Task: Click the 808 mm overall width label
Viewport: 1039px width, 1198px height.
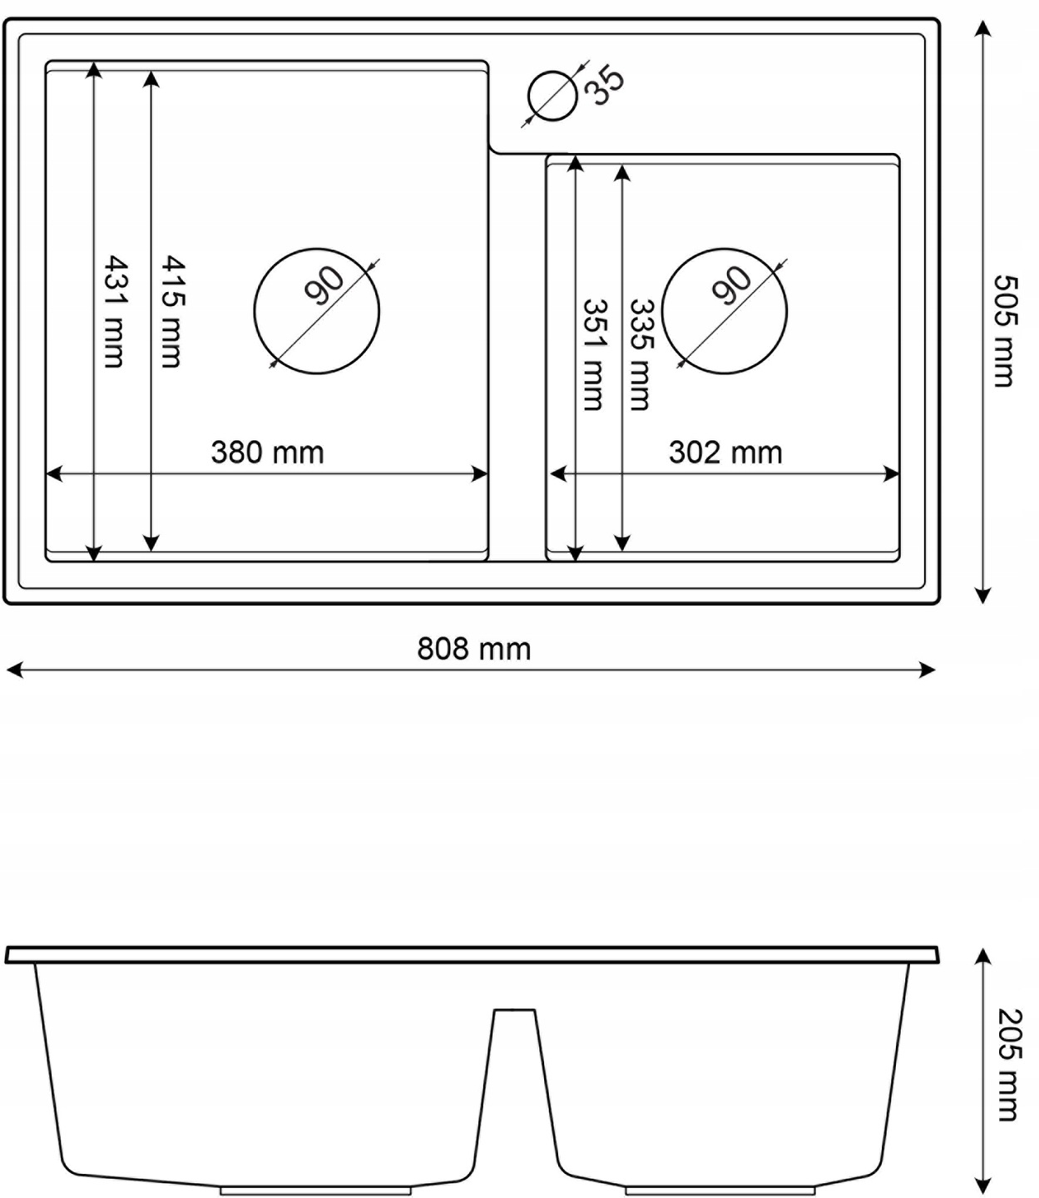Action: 473,649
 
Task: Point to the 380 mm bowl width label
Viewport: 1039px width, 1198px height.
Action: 268,453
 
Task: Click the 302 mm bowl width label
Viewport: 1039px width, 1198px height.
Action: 725,453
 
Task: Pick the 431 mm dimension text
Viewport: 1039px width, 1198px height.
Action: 114,311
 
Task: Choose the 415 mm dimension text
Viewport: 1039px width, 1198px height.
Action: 172,311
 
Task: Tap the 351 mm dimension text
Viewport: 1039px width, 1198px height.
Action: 594,355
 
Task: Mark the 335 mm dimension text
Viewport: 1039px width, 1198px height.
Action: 641,355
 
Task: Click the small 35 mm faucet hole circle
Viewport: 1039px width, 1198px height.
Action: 552,96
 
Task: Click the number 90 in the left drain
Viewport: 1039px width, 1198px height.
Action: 324,285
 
